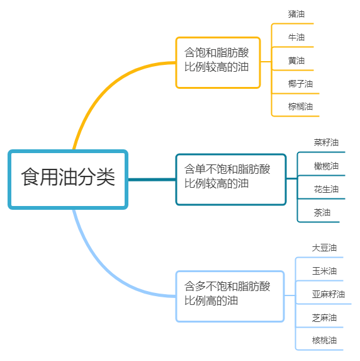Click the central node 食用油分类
68,180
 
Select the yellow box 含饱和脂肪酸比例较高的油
218,62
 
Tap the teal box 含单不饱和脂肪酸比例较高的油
231,180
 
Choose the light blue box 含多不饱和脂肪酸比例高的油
230,296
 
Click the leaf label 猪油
296,14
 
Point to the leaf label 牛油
296,37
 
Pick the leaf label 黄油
296,60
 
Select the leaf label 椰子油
300,84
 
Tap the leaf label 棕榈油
300,106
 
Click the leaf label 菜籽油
326,142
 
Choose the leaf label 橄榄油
326,166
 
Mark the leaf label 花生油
326,189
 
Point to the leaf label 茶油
322,212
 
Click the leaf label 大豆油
324,248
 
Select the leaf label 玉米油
324,271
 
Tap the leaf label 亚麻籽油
329,294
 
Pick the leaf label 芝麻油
324,318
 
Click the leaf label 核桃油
324,340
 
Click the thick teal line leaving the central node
152,180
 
